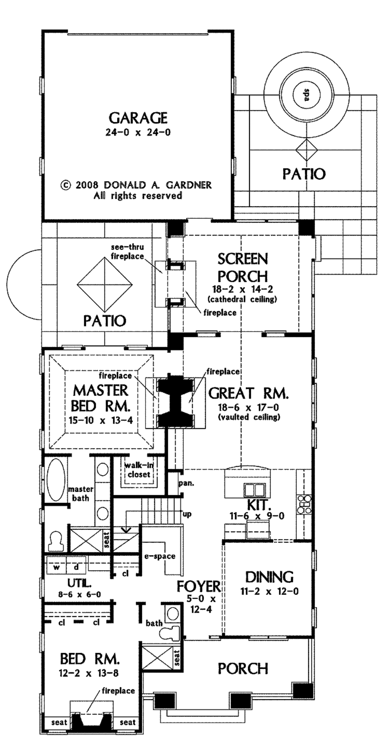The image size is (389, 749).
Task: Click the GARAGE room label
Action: coord(138,118)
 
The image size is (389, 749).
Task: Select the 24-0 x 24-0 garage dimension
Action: coord(138,132)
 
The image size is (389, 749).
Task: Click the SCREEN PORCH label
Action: coord(242,267)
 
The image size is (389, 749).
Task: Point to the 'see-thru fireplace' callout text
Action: coord(127,252)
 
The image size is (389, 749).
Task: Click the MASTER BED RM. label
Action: coord(101,398)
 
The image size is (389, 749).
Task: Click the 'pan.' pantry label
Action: coord(186,483)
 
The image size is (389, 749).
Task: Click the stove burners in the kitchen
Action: coord(305,503)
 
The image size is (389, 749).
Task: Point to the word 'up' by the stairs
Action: coord(187,514)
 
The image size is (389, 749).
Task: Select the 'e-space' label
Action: coord(160,556)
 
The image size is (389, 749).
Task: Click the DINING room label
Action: coord(269,577)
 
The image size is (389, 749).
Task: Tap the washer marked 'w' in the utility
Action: coord(57,567)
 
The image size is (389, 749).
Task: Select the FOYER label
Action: coord(198,587)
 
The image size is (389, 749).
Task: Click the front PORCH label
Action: coord(243,668)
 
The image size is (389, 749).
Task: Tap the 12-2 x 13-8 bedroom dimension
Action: coord(89,673)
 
